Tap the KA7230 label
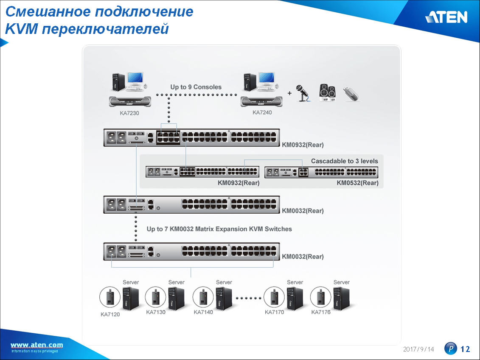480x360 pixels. pyautogui.click(x=129, y=113)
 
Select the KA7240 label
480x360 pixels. pyautogui.click(x=262, y=112)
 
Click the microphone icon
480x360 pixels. pyautogui.click(x=303, y=93)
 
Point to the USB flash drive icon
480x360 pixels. pyautogui.click(x=351, y=93)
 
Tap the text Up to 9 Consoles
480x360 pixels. pyautogui.click(x=196, y=87)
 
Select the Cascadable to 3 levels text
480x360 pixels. pyautogui.click(x=344, y=161)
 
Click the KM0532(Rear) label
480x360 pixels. pyautogui.click(x=357, y=183)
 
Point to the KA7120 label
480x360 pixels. pyautogui.click(x=110, y=314)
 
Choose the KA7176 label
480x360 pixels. pyautogui.click(x=321, y=312)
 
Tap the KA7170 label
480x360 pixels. pyautogui.click(x=274, y=312)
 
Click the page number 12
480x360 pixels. pyautogui.click(x=465, y=349)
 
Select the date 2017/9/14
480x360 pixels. pyautogui.click(x=418, y=349)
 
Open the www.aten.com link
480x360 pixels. pyautogui.click(x=37, y=345)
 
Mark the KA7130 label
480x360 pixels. pyautogui.click(x=156, y=312)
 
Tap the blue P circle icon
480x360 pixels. pyautogui.click(x=450, y=349)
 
